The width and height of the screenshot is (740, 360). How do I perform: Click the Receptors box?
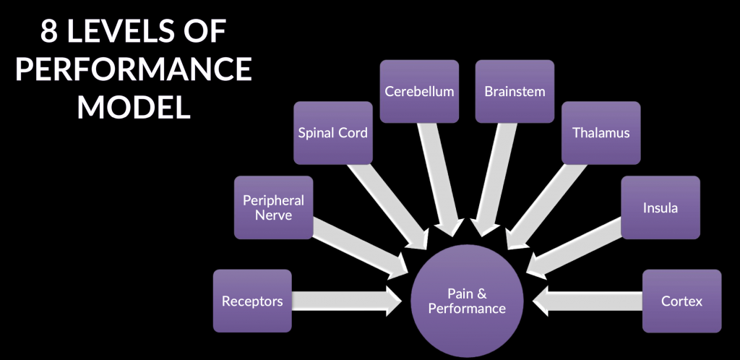(x=252, y=301)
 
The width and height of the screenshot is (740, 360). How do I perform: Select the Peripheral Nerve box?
(x=273, y=207)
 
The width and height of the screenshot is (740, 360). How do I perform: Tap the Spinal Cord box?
(x=333, y=132)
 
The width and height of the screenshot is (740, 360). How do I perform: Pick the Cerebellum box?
(x=419, y=91)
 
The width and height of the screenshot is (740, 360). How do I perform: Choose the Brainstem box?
(x=515, y=91)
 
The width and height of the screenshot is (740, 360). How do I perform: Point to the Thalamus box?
(x=601, y=132)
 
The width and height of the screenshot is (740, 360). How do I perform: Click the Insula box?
(x=660, y=207)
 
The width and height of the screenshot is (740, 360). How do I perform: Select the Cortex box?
(x=681, y=301)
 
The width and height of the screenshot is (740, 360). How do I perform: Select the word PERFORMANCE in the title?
(x=134, y=70)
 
